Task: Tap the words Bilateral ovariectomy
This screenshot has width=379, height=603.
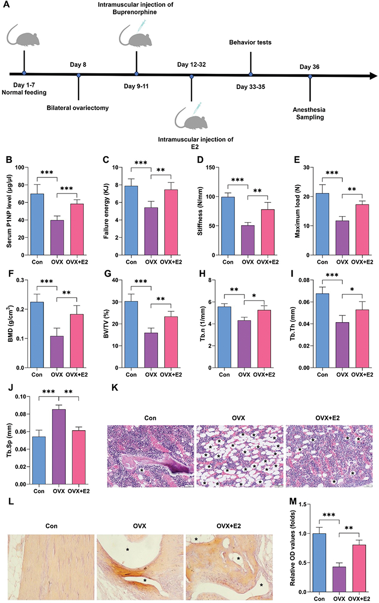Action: [x=78, y=108]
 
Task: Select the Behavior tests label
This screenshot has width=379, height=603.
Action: [x=250, y=43]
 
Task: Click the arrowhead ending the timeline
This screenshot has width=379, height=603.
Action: [x=372, y=76]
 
